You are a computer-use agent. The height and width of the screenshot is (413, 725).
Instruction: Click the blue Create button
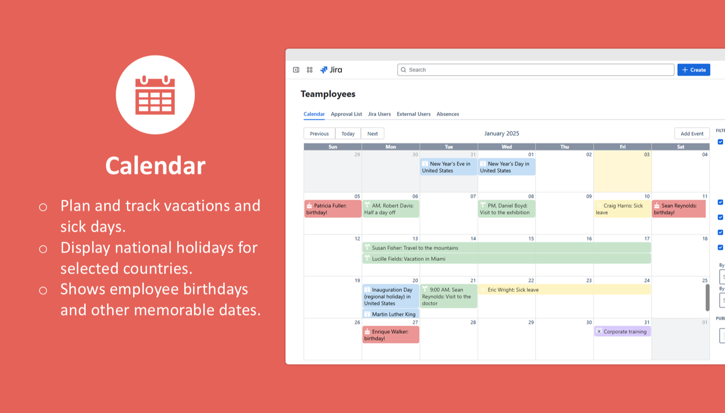[x=693, y=70]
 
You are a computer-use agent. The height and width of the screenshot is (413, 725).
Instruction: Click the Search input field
[x=536, y=70]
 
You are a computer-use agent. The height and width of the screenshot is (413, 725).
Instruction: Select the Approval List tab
[x=346, y=114]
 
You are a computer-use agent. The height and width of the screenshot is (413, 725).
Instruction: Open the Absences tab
[x=448, y=114]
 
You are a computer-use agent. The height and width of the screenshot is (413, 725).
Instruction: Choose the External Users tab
[x=413, y=114]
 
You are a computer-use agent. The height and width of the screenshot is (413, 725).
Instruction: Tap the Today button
[x=348, y=134]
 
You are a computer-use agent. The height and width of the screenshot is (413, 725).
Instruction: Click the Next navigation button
[x=372, y=134]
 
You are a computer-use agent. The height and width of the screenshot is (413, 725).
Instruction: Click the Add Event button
[x=692, y=134]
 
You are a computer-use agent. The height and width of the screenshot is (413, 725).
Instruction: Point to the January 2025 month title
[x=501, y=133]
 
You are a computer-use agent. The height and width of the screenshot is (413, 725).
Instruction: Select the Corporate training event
[x=622, y=332]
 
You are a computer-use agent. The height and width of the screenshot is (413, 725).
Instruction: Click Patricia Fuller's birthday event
[x=333, y=209]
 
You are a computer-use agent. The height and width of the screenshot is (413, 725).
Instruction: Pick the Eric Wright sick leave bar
[x=564, y=290]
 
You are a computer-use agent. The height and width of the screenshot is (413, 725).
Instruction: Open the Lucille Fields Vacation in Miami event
[x=506, y=258]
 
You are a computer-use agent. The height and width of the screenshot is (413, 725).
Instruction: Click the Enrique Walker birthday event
[x=391, y=335]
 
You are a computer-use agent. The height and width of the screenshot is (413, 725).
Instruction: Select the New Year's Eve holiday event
[x=449, y=167]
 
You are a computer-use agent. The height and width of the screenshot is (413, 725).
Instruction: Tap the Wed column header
[x=506, y=147]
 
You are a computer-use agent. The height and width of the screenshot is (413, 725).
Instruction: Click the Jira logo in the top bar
[x=331, y=70]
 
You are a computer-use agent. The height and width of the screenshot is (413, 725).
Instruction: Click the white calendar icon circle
[x=155, y=95]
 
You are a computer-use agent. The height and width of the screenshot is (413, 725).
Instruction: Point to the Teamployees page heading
[x=328, y=94]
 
